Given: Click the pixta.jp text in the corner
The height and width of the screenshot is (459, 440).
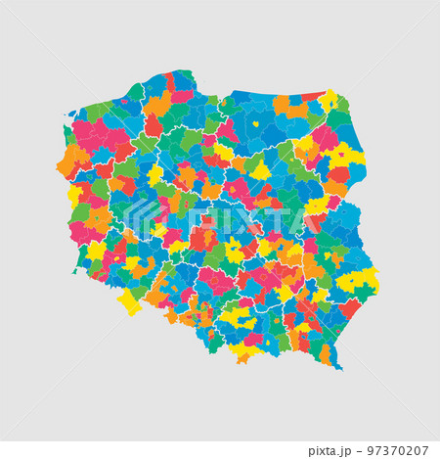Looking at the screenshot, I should [x=335, y=450].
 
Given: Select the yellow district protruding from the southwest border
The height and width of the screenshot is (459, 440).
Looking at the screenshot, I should [x=129, y=301].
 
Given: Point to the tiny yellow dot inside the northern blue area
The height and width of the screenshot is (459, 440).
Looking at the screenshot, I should [x=256, y=124].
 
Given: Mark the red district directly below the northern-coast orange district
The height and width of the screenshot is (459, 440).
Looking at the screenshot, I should [x=154, y=125].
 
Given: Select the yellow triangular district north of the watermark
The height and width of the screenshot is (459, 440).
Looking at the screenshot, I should [x=260, y=173].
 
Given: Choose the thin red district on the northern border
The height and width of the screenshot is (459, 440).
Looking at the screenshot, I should [x=313, y=97].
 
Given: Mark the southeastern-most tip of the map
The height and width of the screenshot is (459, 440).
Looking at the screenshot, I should [x=341, y=369].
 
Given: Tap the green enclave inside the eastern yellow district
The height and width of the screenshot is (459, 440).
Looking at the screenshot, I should [x=364, y=291].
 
